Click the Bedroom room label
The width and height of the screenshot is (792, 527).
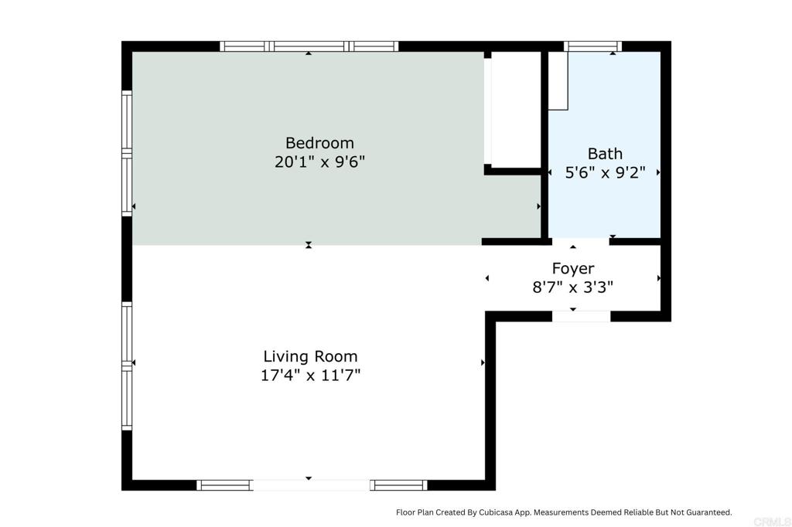[319, 143]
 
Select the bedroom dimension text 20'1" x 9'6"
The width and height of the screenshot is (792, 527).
[319, 162]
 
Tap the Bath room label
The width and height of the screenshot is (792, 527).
[604, 153]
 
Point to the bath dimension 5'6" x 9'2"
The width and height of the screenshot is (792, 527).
[604, 172]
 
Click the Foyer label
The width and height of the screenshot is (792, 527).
[572, 268]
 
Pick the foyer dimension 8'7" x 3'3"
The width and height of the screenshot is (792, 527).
[572, 287]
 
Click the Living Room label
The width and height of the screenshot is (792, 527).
[310, 356]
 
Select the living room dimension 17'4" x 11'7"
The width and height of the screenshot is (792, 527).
[310, 376]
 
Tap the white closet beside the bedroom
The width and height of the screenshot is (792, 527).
[515, 108]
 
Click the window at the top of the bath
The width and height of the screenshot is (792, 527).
[593, 46]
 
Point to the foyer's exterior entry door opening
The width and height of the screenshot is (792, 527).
[581, 316]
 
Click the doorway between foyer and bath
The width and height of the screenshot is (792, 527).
[581, 242]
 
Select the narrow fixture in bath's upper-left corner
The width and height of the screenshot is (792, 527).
[558, 82]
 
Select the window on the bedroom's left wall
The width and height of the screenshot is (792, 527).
[127, 153]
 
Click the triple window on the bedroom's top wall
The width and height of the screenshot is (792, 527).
[309, 46]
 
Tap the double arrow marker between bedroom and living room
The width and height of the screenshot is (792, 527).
[309, 245]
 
